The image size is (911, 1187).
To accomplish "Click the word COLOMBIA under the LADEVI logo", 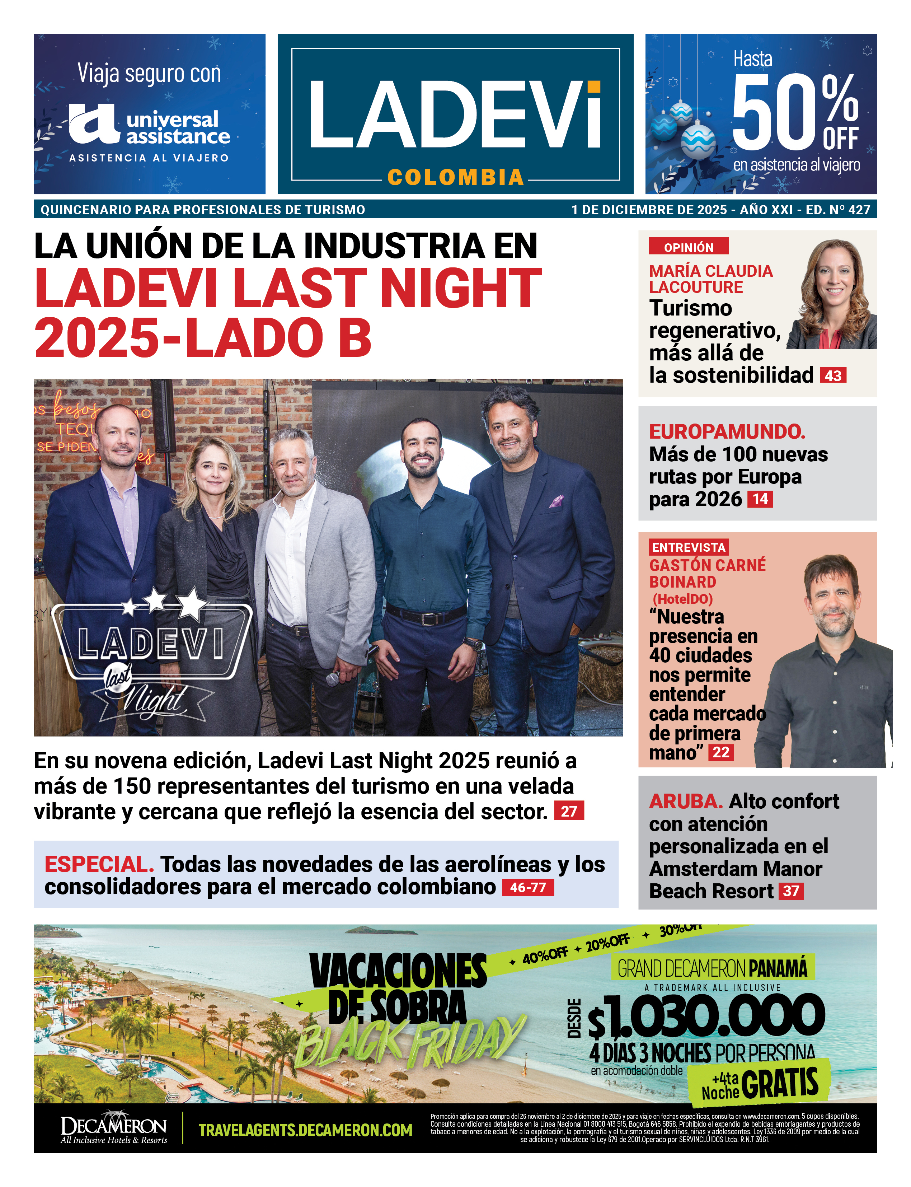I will coord(456,177).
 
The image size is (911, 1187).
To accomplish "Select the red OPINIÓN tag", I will coord(688,247).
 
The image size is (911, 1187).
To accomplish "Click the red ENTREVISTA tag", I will coord(688,547).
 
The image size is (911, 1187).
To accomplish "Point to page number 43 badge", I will coord(833,375).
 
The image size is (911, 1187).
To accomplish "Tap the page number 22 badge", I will coord(721,752).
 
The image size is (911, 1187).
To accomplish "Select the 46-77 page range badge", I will coord(528,888).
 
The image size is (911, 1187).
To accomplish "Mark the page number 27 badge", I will coord(569,811).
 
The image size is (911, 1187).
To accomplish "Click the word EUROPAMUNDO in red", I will coord(727,432).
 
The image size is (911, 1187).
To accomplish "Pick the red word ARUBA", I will coord(685,801).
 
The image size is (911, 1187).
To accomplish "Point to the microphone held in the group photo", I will coord(332,677).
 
